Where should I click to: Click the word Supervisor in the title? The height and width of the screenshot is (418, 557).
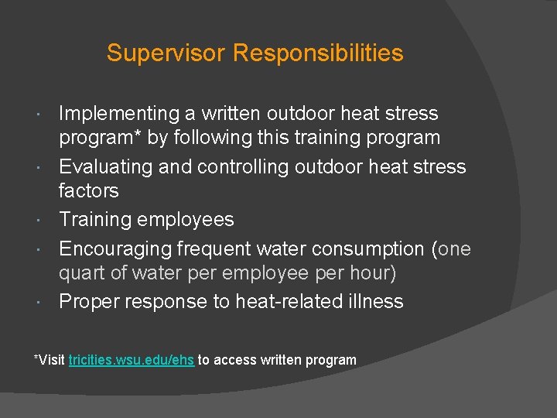click(x=166, y=53)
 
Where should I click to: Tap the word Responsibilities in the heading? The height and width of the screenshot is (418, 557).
click(x=318, y=53)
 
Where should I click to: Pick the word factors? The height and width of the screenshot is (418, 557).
click(x=89, y=190)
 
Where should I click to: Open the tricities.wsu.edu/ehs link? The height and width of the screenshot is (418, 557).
click(x=132, y=360)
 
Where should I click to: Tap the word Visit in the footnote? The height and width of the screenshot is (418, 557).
click(x=52, y=360)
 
